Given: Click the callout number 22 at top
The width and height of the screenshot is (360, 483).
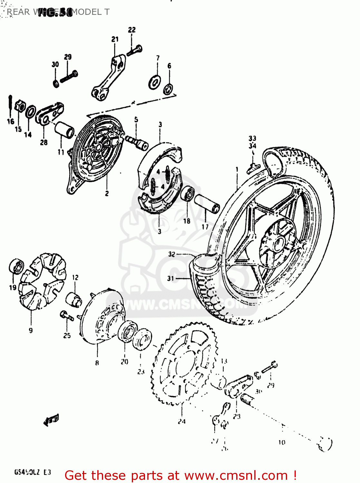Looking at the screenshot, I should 132,30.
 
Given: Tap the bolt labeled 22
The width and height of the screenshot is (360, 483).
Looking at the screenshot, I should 135,50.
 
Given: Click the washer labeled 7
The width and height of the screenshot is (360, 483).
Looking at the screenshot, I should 155,82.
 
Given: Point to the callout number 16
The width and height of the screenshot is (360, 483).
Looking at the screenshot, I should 11,121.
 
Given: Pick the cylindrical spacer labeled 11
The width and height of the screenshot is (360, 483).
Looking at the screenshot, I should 64,130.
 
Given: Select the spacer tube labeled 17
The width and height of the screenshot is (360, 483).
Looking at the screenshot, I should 207,204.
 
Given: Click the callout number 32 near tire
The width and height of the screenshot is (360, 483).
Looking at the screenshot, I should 171,254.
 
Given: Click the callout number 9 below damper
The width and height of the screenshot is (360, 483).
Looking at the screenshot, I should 31,330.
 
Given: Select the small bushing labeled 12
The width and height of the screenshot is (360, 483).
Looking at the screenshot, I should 74,299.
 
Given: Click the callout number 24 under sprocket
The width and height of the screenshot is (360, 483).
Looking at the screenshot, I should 182,421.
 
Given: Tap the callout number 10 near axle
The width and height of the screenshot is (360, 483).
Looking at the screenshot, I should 282,442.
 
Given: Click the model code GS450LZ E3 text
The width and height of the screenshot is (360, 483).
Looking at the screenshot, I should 32,472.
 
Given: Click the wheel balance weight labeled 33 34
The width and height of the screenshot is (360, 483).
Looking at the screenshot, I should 253,166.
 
